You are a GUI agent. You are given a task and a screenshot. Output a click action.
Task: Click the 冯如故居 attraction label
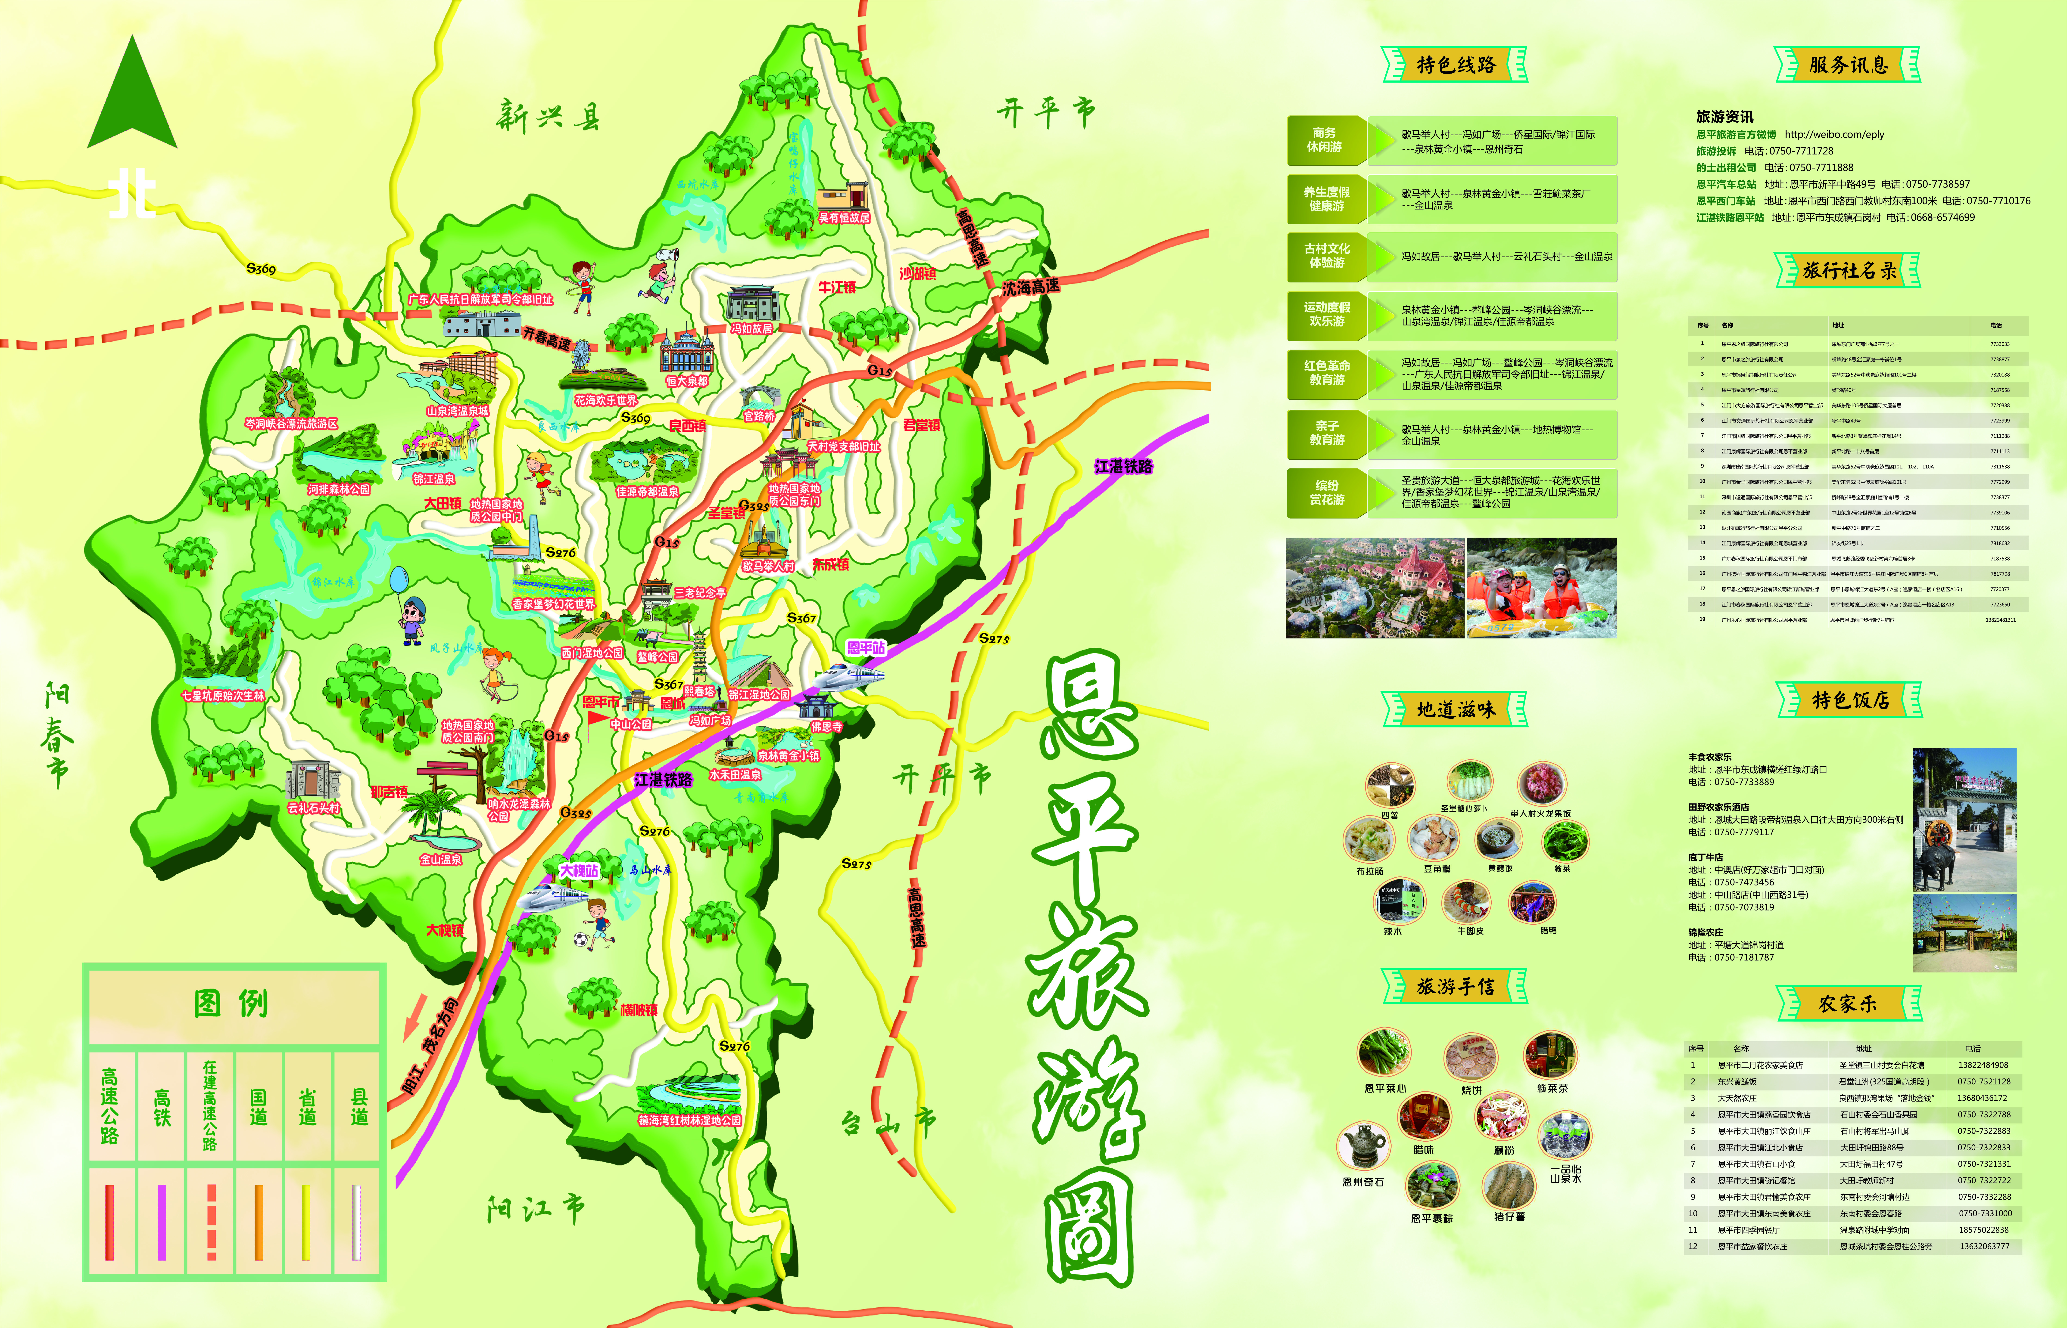(x=751, y=328)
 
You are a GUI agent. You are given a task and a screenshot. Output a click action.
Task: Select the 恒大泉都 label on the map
(x=687, y=380)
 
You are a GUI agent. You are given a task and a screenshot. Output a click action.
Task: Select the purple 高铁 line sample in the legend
(x=161, y=1222)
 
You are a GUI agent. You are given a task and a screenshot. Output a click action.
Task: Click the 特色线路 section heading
(x=1455, y=65)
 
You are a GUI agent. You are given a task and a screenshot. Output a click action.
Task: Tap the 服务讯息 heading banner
(x=1848, y=65)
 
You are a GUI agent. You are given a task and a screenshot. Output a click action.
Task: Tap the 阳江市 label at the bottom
(x=536, y=1209)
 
